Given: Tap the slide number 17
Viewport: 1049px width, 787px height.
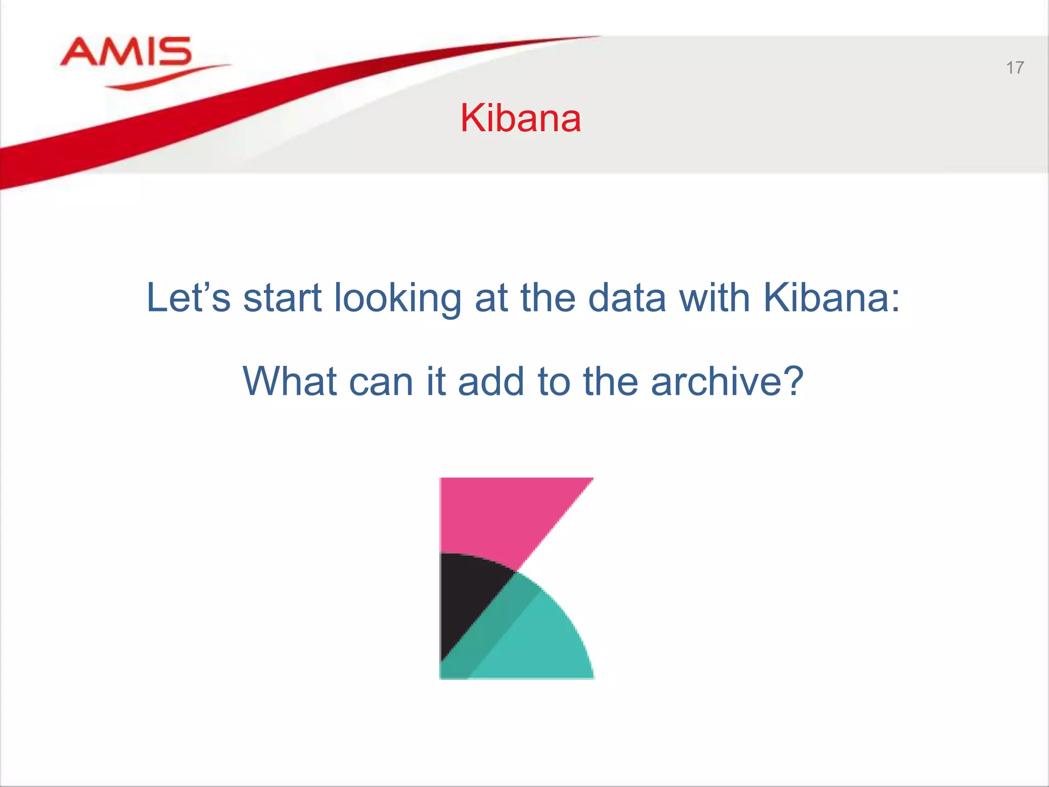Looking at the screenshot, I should (1015, 68).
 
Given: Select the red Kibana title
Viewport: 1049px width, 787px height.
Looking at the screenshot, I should (520, 118).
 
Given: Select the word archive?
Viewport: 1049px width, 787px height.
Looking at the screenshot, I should (727, 382).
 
